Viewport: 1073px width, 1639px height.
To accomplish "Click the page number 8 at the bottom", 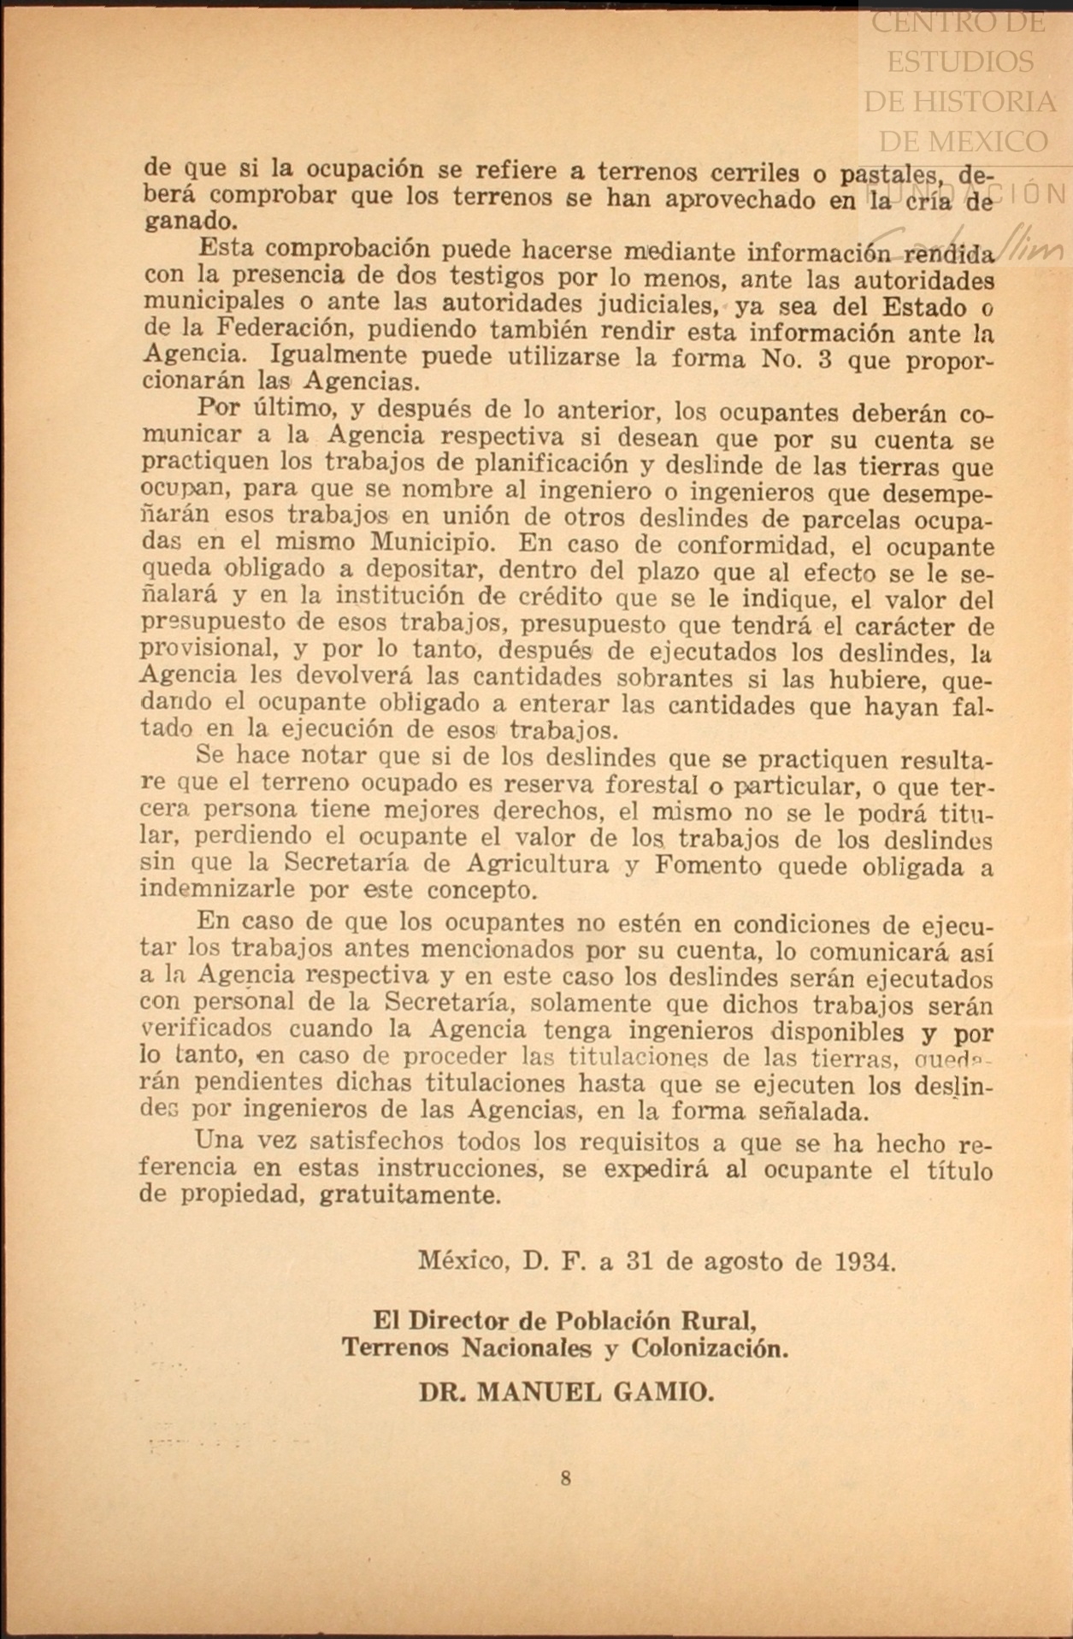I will click(565, 1477).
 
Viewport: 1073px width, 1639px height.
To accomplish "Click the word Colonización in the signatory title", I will click(710, 1348).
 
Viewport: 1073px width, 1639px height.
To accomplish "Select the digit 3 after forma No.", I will click(825, 358).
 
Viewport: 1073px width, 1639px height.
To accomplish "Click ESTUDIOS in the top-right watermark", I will click(960, 62).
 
